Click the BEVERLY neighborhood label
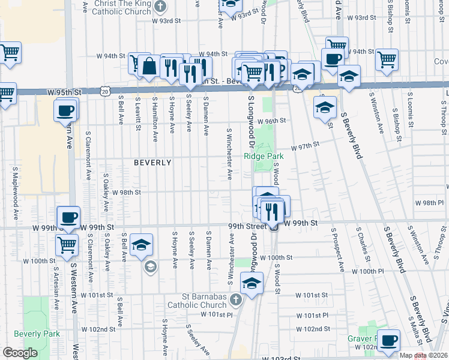coord(152,163)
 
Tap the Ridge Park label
coord(263,156)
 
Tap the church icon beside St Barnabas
coord(237,299)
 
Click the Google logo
coord(20,353)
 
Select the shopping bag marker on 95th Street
coord(148,66)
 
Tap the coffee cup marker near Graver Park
coord(388,340)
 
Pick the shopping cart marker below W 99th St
coord(67,245)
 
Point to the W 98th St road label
coord(127,193)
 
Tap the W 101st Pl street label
coord(313,314)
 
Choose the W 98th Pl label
coord(433,203)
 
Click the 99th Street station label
coord(247,226)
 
